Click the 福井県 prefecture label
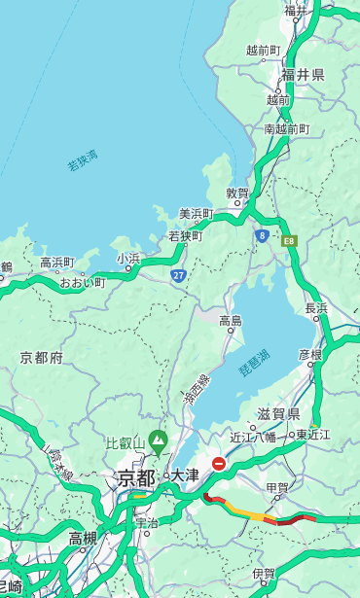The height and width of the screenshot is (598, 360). (303, 75)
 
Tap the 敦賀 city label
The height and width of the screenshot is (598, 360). (237, 193)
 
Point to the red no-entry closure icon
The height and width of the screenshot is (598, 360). (220, 465)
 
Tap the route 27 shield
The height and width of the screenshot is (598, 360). (178, 275)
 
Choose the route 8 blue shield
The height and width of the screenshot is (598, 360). (262, 235)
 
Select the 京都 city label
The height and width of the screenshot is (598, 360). (135, 477)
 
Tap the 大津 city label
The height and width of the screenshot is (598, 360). (185, 475)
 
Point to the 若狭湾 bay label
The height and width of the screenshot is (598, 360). (83, 160)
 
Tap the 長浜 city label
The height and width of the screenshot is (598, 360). (317, 308)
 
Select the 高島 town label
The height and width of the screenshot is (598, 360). (231, 321)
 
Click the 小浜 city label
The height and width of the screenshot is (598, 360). (128, 258)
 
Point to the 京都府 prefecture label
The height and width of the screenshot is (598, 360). (41, 358)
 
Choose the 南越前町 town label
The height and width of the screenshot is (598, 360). (286, 128)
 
